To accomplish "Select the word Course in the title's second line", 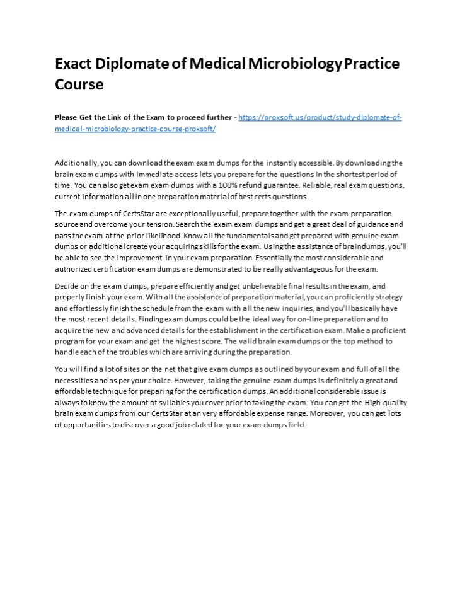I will (x=79, y=84).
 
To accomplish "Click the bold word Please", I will (x=66, y=118).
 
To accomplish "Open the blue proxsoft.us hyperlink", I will (x=321, y=118).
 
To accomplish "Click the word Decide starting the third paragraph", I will (x=66, y=286).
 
